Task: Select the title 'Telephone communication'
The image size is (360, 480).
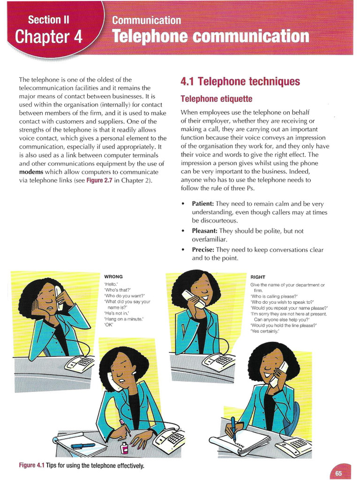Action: pos(210,37)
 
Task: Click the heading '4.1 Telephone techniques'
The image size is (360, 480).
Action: pos(240,82)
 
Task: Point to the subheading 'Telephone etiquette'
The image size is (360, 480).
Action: pos(216,99)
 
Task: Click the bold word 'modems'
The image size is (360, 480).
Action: pos(31,172)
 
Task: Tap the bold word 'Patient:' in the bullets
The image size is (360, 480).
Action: pos(202,204)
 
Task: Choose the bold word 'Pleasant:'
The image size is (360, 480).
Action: pos(204,231)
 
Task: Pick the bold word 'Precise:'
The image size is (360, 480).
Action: pos(203,250)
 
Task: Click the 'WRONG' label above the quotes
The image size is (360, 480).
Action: pos(113,277)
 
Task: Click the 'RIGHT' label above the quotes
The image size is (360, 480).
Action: pos(258,277)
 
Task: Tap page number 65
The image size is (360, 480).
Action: pos(338,473)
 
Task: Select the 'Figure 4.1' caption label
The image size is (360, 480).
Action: pos(31,465)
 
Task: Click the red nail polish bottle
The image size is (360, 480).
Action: pos(125,447)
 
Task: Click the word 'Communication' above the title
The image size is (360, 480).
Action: pos(146,21)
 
